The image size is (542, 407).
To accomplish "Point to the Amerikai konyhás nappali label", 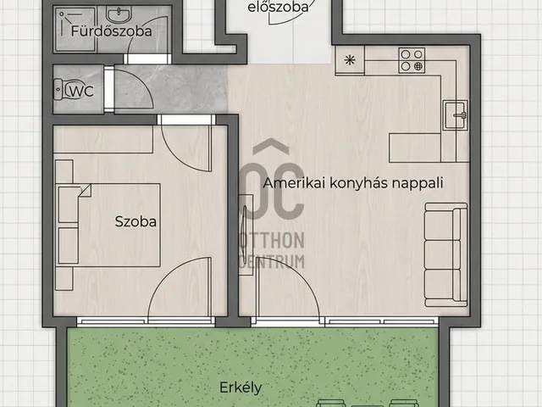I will (353, 182).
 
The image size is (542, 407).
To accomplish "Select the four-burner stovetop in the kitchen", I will (412, 59).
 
